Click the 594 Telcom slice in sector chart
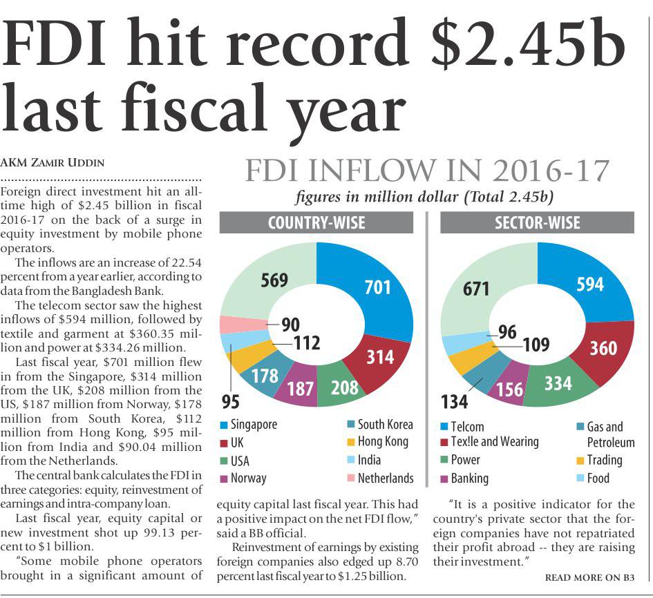[589, 284]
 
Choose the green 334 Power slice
[557, 383]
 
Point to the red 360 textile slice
[603, 348]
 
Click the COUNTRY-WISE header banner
[316, 223]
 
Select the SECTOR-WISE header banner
[537, 223]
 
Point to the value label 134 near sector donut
[455, 401]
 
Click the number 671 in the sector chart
[477, 289]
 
